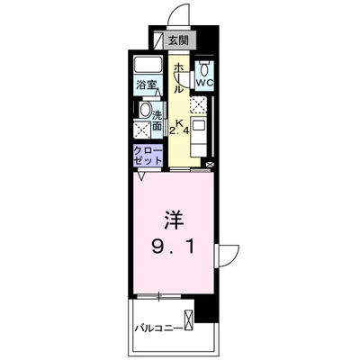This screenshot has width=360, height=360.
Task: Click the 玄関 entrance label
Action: click(x=178, y=40)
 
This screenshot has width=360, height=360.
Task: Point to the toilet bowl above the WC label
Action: click(x=204, y=67)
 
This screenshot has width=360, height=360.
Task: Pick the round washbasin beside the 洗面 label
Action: click(x=145, y=111)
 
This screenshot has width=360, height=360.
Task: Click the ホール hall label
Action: click(x=178, y=77)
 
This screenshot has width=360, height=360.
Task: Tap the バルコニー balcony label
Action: click(x=156, y=327)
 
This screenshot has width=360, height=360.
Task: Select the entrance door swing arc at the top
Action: click(x=176, y=15)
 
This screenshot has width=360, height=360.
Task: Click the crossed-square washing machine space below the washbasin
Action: click(x=142, y=131)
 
